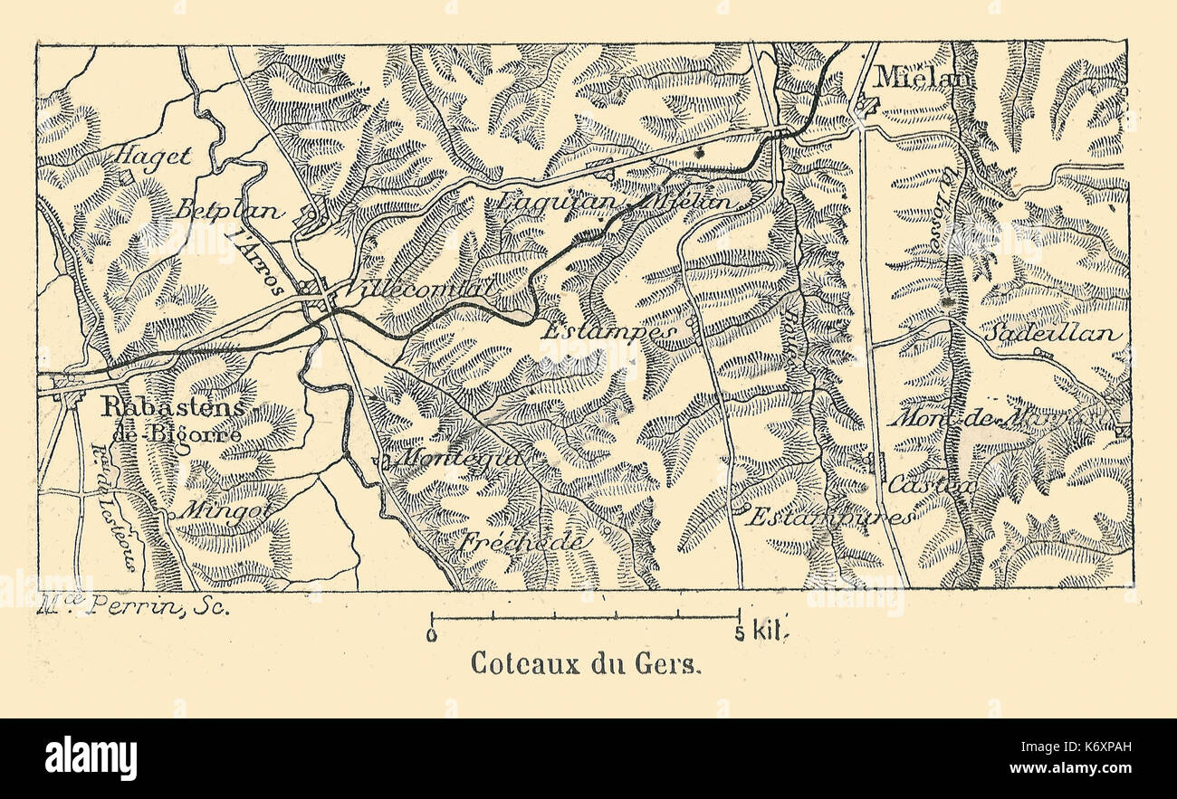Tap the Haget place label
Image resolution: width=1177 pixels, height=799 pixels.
[x=152, y=156]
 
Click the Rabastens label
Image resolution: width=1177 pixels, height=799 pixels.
[x=172, y=409]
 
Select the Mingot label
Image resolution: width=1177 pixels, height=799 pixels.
[x=214, y=509]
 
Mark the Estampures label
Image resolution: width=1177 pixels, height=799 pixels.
[x=831, y=518]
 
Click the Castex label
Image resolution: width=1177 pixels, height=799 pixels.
[x=932, y=485]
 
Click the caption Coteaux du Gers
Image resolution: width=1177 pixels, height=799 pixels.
[x=586, y=663]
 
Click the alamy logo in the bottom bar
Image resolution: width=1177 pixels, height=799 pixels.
[x=91, y=757]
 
